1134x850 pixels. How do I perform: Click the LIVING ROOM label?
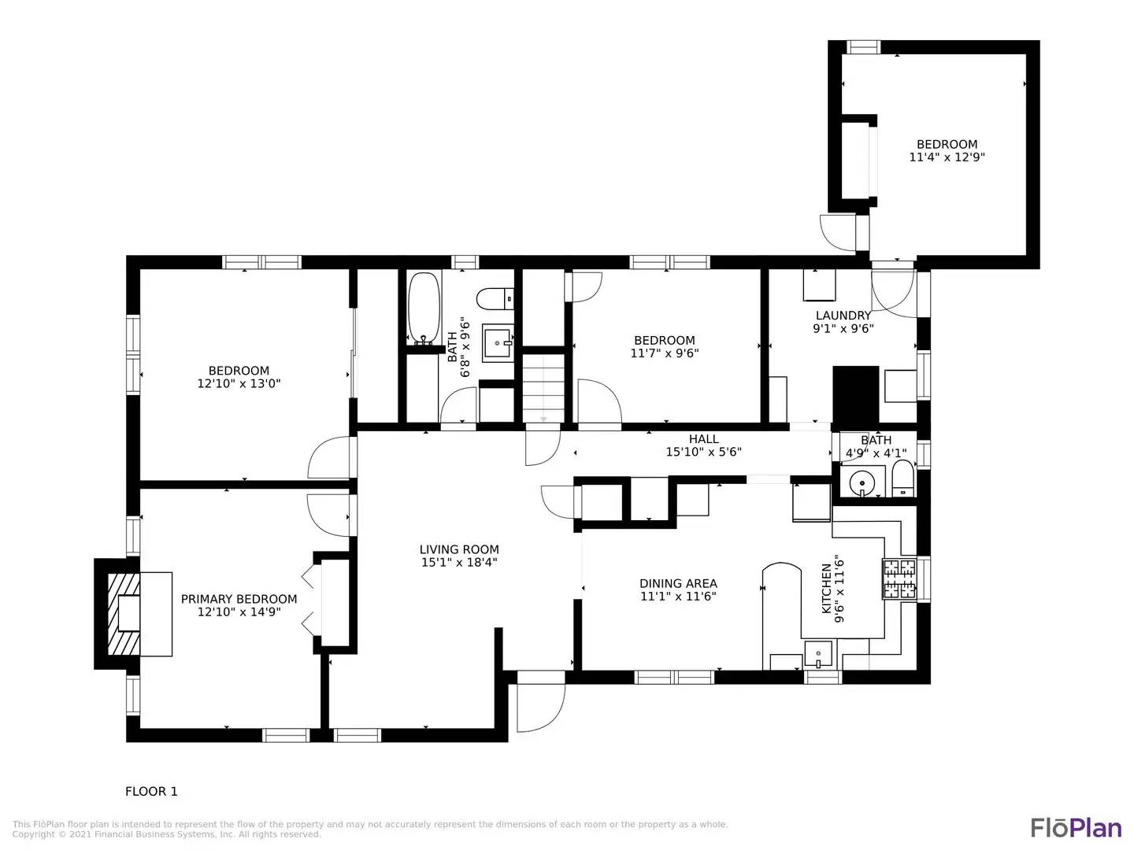click(x=459, y=549)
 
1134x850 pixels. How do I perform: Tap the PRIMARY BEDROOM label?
click(x=239, y=599)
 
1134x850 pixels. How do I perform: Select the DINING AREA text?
click(x=678, y=584)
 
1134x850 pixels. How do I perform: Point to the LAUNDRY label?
click(x=843, y=316)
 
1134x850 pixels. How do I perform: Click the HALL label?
click(x=704, y=439)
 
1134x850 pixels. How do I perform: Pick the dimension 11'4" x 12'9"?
click(x=947, y=157)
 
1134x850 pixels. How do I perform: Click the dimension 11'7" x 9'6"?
click(x=665, y=353)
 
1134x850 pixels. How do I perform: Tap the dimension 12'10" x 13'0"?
click(x=239, y=383)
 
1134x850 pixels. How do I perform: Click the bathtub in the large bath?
click(x=424, y=309)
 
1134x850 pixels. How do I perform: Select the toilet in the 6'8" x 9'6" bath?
click(x=495, y=299)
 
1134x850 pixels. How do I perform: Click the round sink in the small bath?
click(x=862, y=483)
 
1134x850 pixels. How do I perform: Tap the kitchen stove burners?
click(x=899, y=579)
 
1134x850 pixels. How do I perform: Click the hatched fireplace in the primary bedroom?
click(x=124, y=614)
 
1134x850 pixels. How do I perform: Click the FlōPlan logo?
click(x=1077, y=829)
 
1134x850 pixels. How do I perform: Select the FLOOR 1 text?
click(x=151, y=791)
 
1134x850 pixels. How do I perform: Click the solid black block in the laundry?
click(x=855, y=395)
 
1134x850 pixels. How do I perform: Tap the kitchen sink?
click(x=818, y=654)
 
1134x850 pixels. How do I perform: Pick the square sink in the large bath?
click(x=496, y=342)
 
